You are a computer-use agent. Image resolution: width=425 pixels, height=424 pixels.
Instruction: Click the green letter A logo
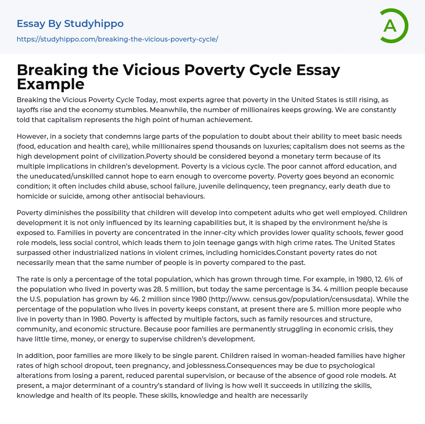[x=393, y=26]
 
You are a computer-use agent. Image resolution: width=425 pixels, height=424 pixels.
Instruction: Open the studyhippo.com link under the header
[x=117, y=39]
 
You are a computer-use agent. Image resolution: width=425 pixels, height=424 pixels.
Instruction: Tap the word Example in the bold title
[x=51, y=84]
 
